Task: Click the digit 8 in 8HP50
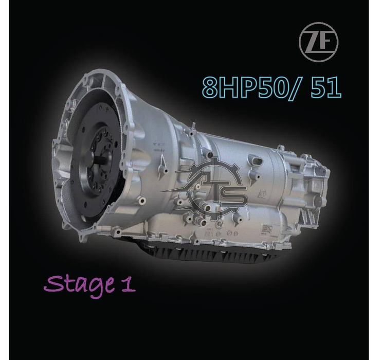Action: [x=210, y=87]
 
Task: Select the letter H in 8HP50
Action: [x=229, y=87]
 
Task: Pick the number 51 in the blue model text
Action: [x=326, y=87]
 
